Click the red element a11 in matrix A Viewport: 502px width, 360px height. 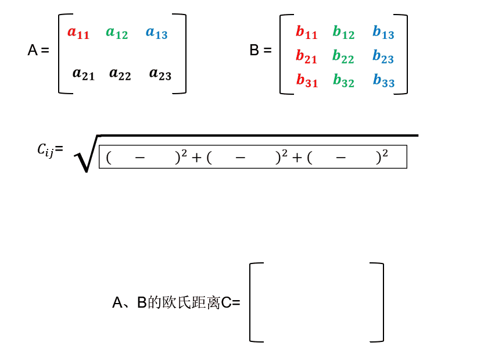point(78,33)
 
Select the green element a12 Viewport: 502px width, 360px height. point(117,33)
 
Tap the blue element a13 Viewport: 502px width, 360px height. point(156,33)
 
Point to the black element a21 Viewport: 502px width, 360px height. point(83,74)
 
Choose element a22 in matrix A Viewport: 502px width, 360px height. point(120,74)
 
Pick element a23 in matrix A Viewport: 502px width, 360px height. point(160,74)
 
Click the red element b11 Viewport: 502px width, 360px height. point(307,33)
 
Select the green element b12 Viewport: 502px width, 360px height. point(343,33)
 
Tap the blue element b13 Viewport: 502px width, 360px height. point(383,33)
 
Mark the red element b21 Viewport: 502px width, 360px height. point(307,56)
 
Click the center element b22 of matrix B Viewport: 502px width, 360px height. point(343,56)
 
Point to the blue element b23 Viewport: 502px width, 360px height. point(383,56)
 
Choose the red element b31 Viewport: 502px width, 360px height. point(307,81)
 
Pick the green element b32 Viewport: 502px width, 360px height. point(343,81)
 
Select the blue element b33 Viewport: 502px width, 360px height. point(383,81)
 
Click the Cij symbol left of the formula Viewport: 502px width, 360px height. point(46,150)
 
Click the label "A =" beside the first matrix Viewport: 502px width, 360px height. point(38,51)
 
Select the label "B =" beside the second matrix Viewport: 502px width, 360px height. point(260,51)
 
